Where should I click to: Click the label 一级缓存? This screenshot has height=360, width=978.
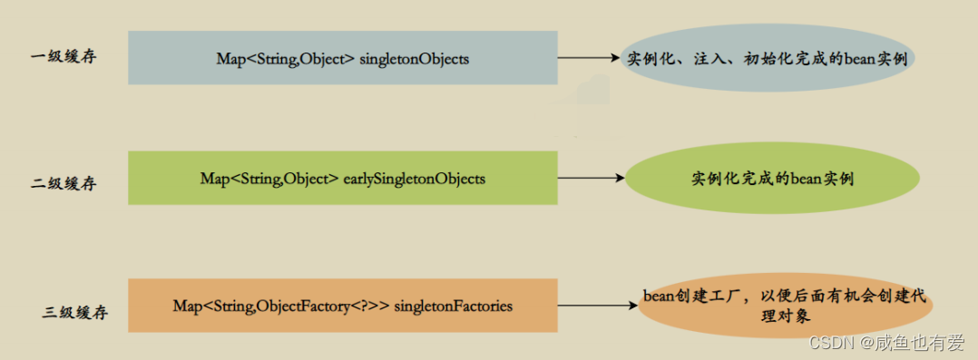click(64, 57)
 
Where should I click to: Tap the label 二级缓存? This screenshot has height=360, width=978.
click(64, 183)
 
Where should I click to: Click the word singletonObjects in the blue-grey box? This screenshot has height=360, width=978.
click(414, 59)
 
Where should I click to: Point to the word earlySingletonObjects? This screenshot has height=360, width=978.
click(415, 179)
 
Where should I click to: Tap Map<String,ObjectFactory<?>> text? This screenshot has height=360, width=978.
click(281, 306)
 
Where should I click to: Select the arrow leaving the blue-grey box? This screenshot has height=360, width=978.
click(590, 58)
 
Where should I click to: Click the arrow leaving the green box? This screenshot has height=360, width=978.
click(590, 178)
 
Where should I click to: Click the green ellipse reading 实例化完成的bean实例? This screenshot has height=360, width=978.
click(772, 179)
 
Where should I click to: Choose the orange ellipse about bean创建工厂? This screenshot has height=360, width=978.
click(786, 306)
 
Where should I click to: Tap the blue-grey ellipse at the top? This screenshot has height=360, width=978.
click(768, 58)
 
